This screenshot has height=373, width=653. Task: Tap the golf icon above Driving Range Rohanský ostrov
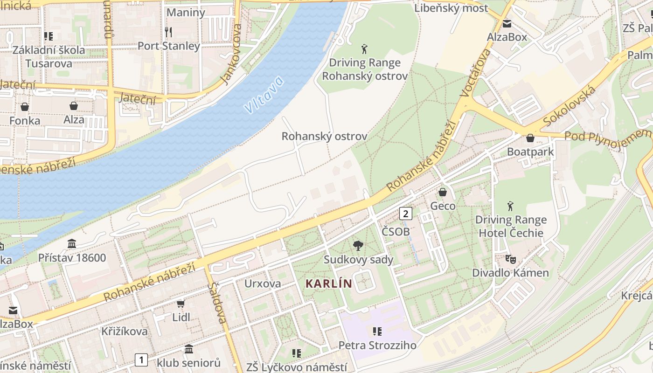(x=364, y=48)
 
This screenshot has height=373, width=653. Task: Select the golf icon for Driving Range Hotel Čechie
(x=511, y=206)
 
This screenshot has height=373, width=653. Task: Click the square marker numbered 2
(x=406, y=214)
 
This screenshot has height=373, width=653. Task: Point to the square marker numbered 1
(x=141, y=359)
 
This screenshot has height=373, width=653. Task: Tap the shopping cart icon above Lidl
(x=181, y=304)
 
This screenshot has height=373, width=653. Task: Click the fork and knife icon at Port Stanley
(x=168, y=32)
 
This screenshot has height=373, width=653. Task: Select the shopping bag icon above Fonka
(x=25, y=107)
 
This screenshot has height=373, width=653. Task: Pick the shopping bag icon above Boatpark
(x=530, y=138)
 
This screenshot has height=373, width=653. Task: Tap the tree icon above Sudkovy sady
(x=358, y=246)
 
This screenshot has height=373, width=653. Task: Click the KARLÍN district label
(x=329, y=283)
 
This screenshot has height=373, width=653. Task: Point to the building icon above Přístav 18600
(x=72, y=243)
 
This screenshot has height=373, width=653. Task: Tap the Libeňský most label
(x=451, y=8)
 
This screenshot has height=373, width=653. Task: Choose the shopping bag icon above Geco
(x=443, y=192)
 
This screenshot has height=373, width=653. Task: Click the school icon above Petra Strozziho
(x=377, y=332)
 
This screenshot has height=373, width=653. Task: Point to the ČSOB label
(x=396, y=232)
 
